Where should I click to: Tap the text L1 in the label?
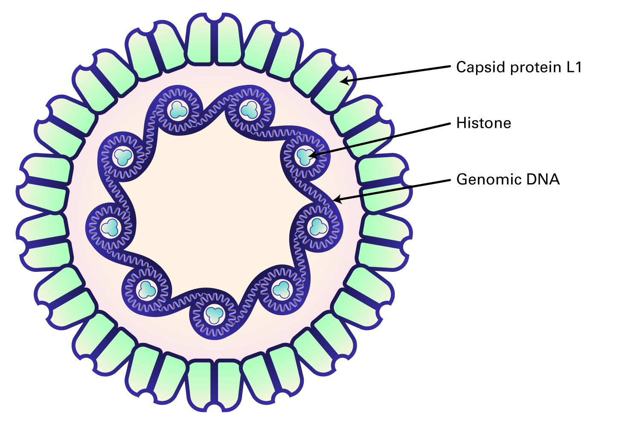[574, 67]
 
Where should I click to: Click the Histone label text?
[483, 123]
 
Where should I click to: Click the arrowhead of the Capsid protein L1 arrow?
[343, 81]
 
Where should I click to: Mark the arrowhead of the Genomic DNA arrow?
[335, 199]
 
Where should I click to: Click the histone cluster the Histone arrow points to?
[305, 156]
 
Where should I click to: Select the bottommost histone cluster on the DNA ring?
[214, 315]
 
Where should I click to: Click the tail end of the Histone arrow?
[450, 124]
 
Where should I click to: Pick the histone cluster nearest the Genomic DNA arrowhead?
[318, 226]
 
